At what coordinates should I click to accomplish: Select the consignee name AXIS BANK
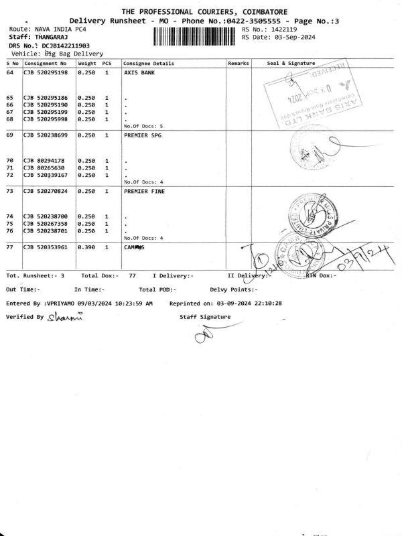point(139,72)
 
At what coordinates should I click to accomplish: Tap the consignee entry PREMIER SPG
point(143,135)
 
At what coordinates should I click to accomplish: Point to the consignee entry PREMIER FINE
point(145,192)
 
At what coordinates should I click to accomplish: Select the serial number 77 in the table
point(10,248)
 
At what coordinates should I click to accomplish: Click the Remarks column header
point(239,62)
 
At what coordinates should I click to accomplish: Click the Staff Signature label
point(205,316)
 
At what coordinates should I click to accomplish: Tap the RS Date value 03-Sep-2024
point(287,38)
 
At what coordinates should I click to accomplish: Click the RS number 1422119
point(282,30)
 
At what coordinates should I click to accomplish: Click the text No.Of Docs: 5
point(143,126)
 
